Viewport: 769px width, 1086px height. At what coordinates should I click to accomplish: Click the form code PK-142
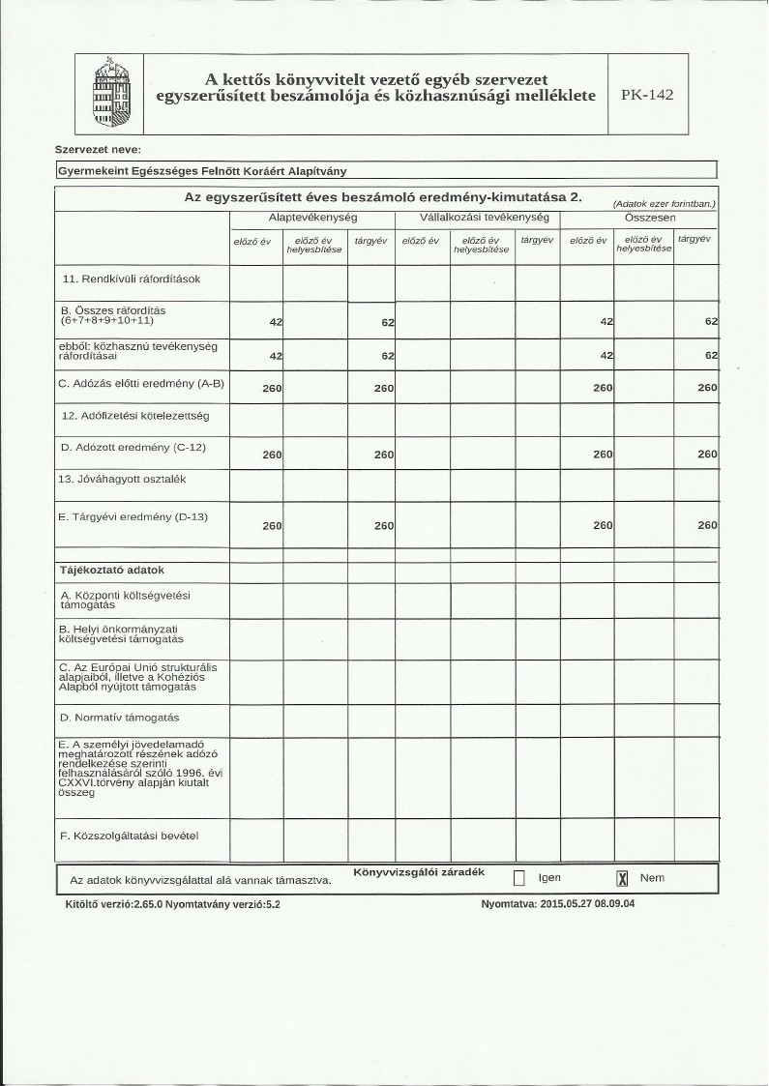pos(647,95)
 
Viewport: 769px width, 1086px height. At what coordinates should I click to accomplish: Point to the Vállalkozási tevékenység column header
pos(478,218)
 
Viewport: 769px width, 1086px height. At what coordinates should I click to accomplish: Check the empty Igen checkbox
pos(518,878)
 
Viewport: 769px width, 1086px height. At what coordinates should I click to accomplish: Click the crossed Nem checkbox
pos(623,878)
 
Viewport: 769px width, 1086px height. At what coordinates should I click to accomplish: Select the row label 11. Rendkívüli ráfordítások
pos(131,279)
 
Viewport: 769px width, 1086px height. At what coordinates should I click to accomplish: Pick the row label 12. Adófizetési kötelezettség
pos(135,416)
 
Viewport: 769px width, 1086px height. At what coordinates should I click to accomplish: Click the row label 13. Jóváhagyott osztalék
pos(123,479)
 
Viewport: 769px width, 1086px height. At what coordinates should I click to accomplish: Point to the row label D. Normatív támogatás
pos(119,718)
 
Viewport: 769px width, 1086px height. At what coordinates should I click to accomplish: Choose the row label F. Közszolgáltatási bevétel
pos(131,834)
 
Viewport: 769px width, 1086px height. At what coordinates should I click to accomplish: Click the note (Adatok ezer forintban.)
pos(664,204)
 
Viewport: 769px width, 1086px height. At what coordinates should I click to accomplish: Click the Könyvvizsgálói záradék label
pos(418,872)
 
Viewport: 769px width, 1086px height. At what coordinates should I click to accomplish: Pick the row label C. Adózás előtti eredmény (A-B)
pos(141,384)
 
